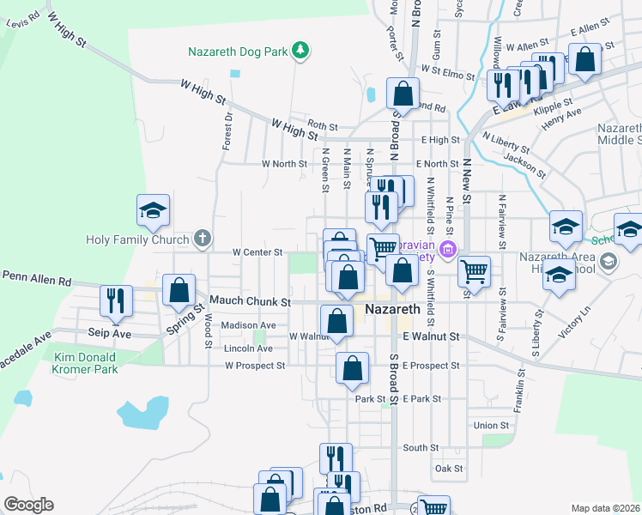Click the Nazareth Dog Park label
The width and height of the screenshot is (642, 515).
(238, 51)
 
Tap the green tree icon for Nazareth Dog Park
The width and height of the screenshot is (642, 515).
(300, 51)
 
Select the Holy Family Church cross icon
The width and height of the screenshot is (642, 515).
(202, 239)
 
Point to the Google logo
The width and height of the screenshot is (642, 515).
(28, 505)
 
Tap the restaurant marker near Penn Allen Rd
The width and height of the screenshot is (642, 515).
(116, 300)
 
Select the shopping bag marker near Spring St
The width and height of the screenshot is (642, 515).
(179, 290)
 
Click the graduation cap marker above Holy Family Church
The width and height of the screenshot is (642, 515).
(153, 210)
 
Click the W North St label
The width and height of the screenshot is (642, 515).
(284, 163)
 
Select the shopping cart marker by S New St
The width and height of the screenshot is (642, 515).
(474, 272)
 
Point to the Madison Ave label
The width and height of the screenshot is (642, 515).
(248, 325)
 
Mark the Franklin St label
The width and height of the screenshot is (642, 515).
(519, 391)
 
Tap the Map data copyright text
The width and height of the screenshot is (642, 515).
(605, 508)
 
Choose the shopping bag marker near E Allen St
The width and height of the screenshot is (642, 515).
(585, 60)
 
